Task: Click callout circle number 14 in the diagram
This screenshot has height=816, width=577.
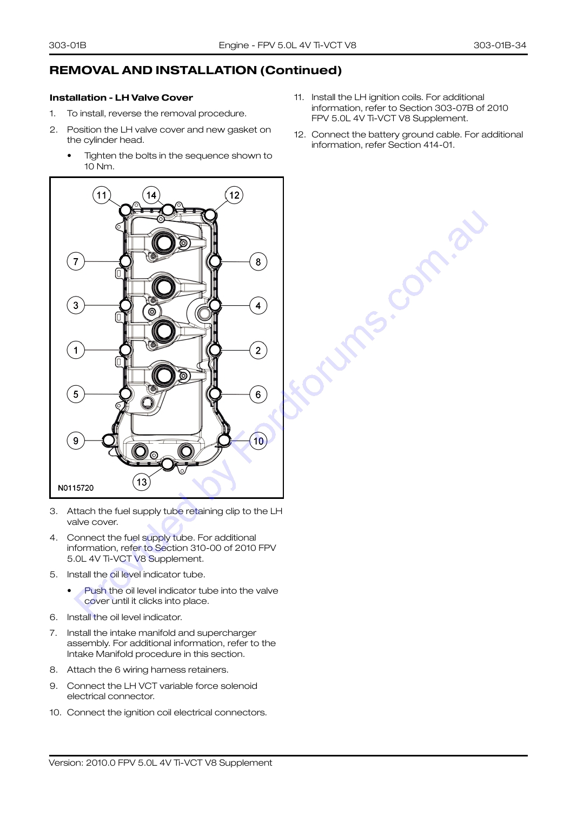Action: (151, 195)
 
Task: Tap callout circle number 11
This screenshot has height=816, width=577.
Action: (102, 195)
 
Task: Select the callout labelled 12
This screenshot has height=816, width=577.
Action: (234, 195)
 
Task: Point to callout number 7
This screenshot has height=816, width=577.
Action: (76, 261)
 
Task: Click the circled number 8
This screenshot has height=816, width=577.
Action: (258, 262)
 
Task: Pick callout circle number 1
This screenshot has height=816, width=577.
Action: (76, 351)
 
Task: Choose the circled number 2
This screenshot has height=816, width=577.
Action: (258, 351)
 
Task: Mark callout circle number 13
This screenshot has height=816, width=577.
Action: (142, 482)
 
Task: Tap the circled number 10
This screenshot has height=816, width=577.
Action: (258, 441)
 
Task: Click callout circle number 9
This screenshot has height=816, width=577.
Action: (76, 441)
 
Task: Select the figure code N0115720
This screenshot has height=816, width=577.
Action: (76, 488)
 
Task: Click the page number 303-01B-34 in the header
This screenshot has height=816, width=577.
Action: (500, 45)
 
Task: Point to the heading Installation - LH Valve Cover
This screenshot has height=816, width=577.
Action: (121, 97)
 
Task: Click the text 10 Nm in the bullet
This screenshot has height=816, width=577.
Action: (99, 167)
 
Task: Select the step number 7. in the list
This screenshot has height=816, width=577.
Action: (54, 633)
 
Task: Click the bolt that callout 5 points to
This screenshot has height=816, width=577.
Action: (125, 393)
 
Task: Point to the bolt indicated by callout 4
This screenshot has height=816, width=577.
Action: (215, 305)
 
